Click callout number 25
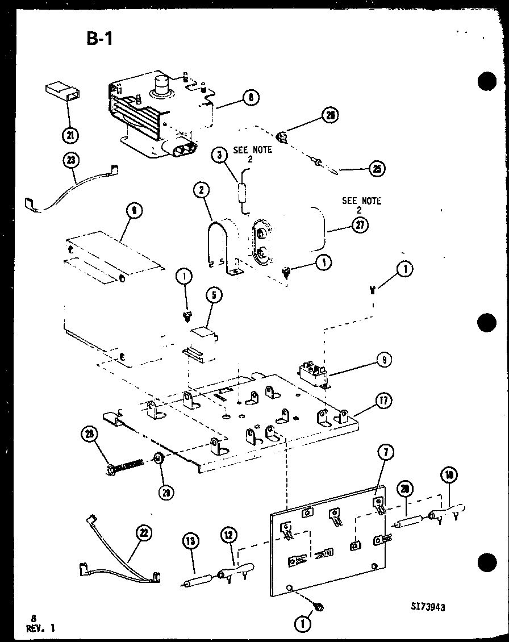pos(376,168)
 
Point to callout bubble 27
pos(360,225)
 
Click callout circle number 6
pos(133,211)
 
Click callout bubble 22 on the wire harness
pos(144,532)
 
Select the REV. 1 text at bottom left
pos(41,627)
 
